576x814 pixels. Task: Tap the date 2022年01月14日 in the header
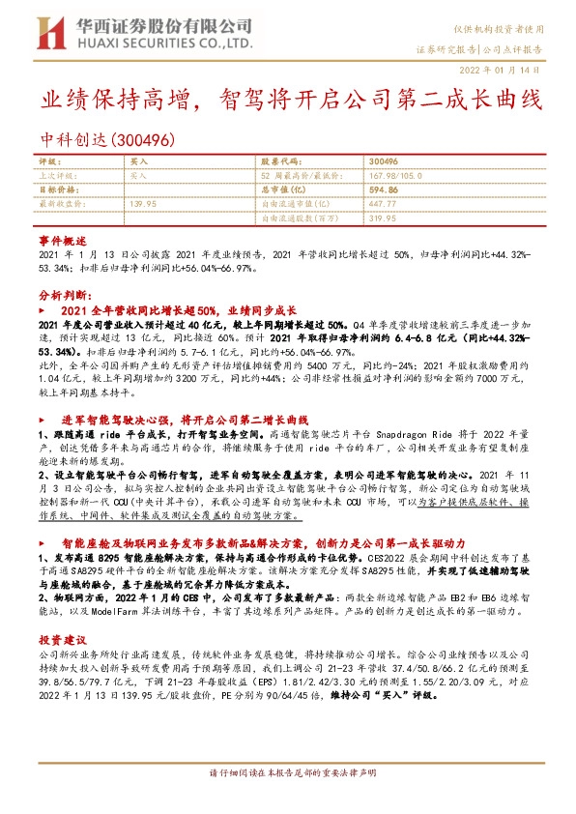(506, 70)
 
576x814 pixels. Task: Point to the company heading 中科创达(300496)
(106, 141)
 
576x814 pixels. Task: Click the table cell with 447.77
(384, 204)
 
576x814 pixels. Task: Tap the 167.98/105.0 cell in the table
(391, 177)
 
